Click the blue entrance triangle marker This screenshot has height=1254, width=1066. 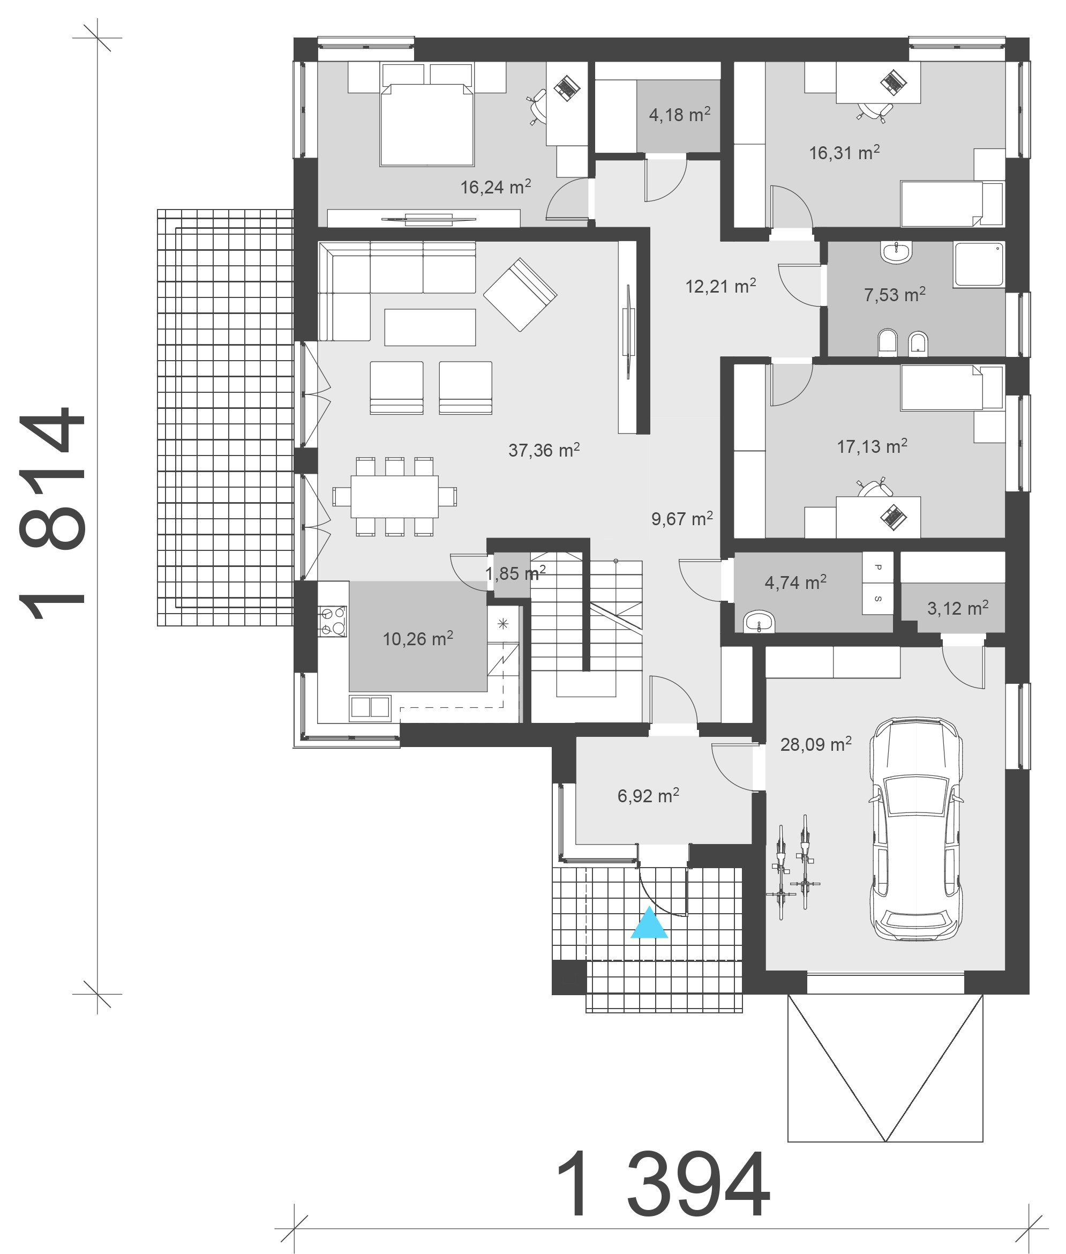click(x=649, y=923)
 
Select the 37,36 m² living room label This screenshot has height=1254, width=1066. click(x=544, y=450)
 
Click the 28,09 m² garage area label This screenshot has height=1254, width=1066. click(x=816, y=744)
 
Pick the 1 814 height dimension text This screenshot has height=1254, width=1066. click(x=52, y=514)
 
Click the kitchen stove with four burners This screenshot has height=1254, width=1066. click(x=332, y=622)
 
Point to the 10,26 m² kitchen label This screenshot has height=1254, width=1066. click(x=418, y=638)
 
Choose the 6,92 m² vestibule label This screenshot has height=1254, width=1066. click(x=648, y=795)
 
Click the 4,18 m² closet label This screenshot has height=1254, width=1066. click(x=679, y=114)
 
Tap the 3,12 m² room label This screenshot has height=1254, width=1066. click(x=958, y=608)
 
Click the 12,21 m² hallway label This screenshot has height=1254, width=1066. click(x=720, y=286)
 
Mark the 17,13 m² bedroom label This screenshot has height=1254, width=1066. click(x=872, y=446)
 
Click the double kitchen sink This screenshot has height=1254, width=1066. click(x=370, y=707)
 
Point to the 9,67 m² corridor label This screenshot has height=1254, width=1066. click(x=682, y=518)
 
